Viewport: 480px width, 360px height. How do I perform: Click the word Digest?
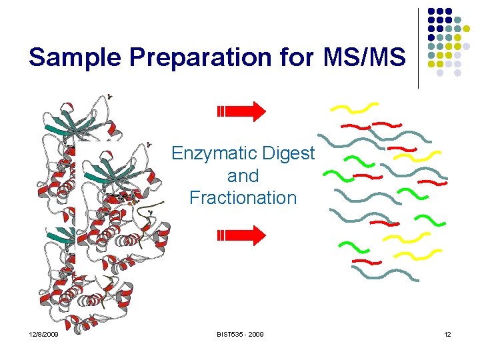click(x=289, y=154)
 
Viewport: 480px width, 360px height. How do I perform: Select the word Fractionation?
click(x=243, y=198)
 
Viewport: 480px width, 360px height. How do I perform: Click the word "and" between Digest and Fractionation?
click(x=243, y=176)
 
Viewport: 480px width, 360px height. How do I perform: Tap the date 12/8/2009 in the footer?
click(x=43, y=334)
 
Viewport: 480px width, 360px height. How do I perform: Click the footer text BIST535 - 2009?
click(x=239, y=334)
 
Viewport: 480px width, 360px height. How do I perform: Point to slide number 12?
click(x=447, y=334)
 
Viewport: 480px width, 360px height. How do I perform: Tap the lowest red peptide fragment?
click(x=366, y=261)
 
